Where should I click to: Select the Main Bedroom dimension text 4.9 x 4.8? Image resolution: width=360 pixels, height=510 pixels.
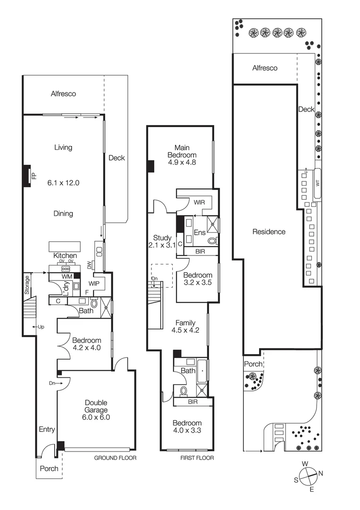click(181, 162)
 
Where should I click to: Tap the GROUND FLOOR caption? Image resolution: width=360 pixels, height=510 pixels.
click(115, 458)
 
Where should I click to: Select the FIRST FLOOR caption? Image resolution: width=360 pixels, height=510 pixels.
click(197, 458)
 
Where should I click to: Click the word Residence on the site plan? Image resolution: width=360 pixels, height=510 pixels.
click(268, 231)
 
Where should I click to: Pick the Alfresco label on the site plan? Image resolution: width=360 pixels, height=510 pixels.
click(265, 68)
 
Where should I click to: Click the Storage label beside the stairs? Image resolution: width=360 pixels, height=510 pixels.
click(27, 286)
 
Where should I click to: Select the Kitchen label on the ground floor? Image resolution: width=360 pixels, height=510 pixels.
click(65, 255)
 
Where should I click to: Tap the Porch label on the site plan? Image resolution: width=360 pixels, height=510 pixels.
click(253, 364)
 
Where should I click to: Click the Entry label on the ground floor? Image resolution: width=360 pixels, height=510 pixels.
click(47, 430)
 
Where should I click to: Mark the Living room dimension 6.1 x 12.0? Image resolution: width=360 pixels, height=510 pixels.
click(63, 182)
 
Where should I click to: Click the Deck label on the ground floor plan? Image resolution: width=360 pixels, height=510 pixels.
click(117, 158)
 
